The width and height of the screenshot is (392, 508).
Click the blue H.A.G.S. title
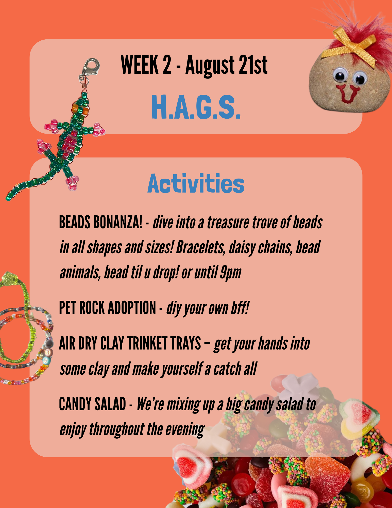[196, 107]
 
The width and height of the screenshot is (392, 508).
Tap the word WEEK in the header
[139, 65]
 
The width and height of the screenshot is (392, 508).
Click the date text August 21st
[226, 66]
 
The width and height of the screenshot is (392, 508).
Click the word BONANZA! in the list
[118, 222]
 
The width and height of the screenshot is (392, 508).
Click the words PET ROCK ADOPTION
[107, 308]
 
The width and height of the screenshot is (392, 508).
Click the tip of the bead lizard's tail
[7, 198]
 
